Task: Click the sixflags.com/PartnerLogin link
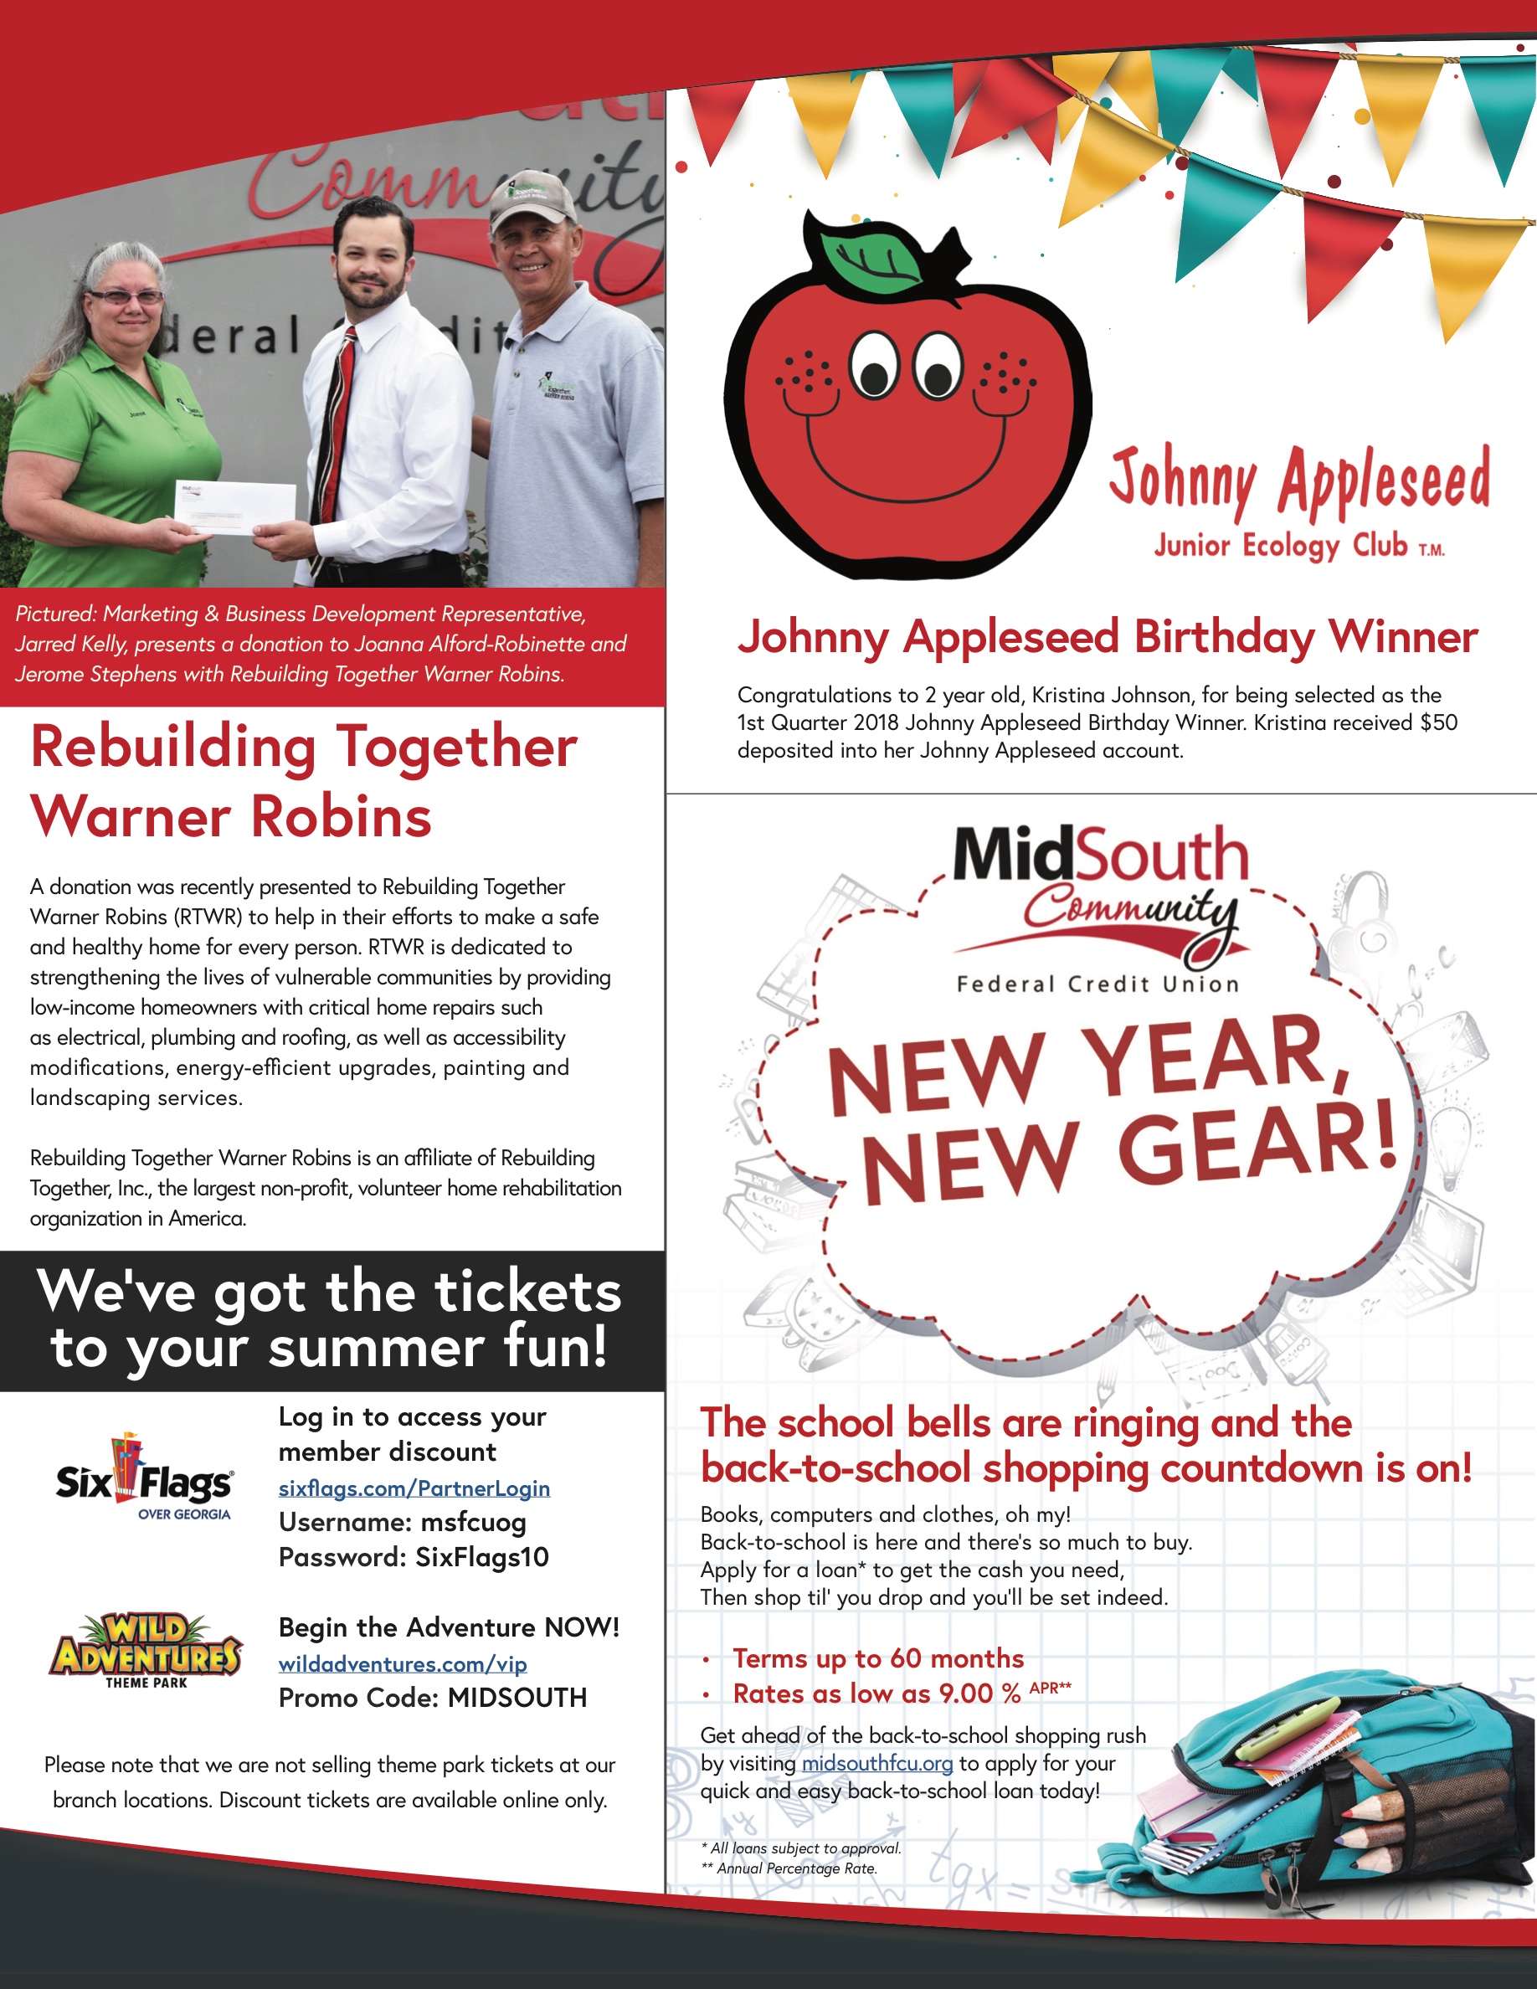click(414, 1488)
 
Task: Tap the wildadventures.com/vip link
click(403, 1664)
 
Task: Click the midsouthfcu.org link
click(876, 1763)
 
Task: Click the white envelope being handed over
click(235, 508)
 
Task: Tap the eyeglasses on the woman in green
click(126, 297)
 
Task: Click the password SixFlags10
click(481, 1557)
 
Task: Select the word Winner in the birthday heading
click(1402, 636)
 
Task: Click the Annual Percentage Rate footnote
click(789, 1868)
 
